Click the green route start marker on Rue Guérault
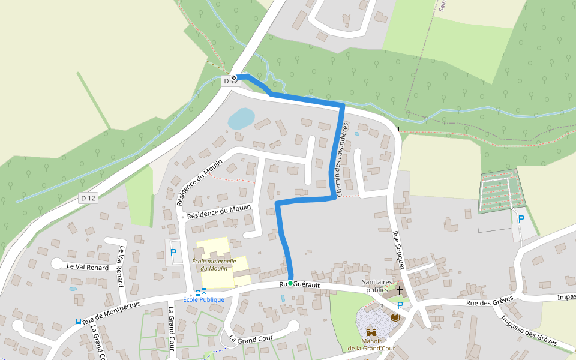click(x=290, y=283)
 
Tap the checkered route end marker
click(x=233, y=77)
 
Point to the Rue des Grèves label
click(x=490, y=303)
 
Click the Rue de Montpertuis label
click(x=112, y=311)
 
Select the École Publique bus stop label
click(x=203, y=299)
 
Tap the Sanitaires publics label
click(x=377, y=286)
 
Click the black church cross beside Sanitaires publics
click(x=399, y=290)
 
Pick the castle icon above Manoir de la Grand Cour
click(x=371, y=332)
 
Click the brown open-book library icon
click(x=395, y=317)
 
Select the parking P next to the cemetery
click(x=521, y=220)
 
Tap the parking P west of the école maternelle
click(x=173, y=253)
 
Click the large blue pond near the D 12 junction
click(x=241, y=119)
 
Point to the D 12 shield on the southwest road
click(x=88, y=198)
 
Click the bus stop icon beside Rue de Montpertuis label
click(x=79, y=321)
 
